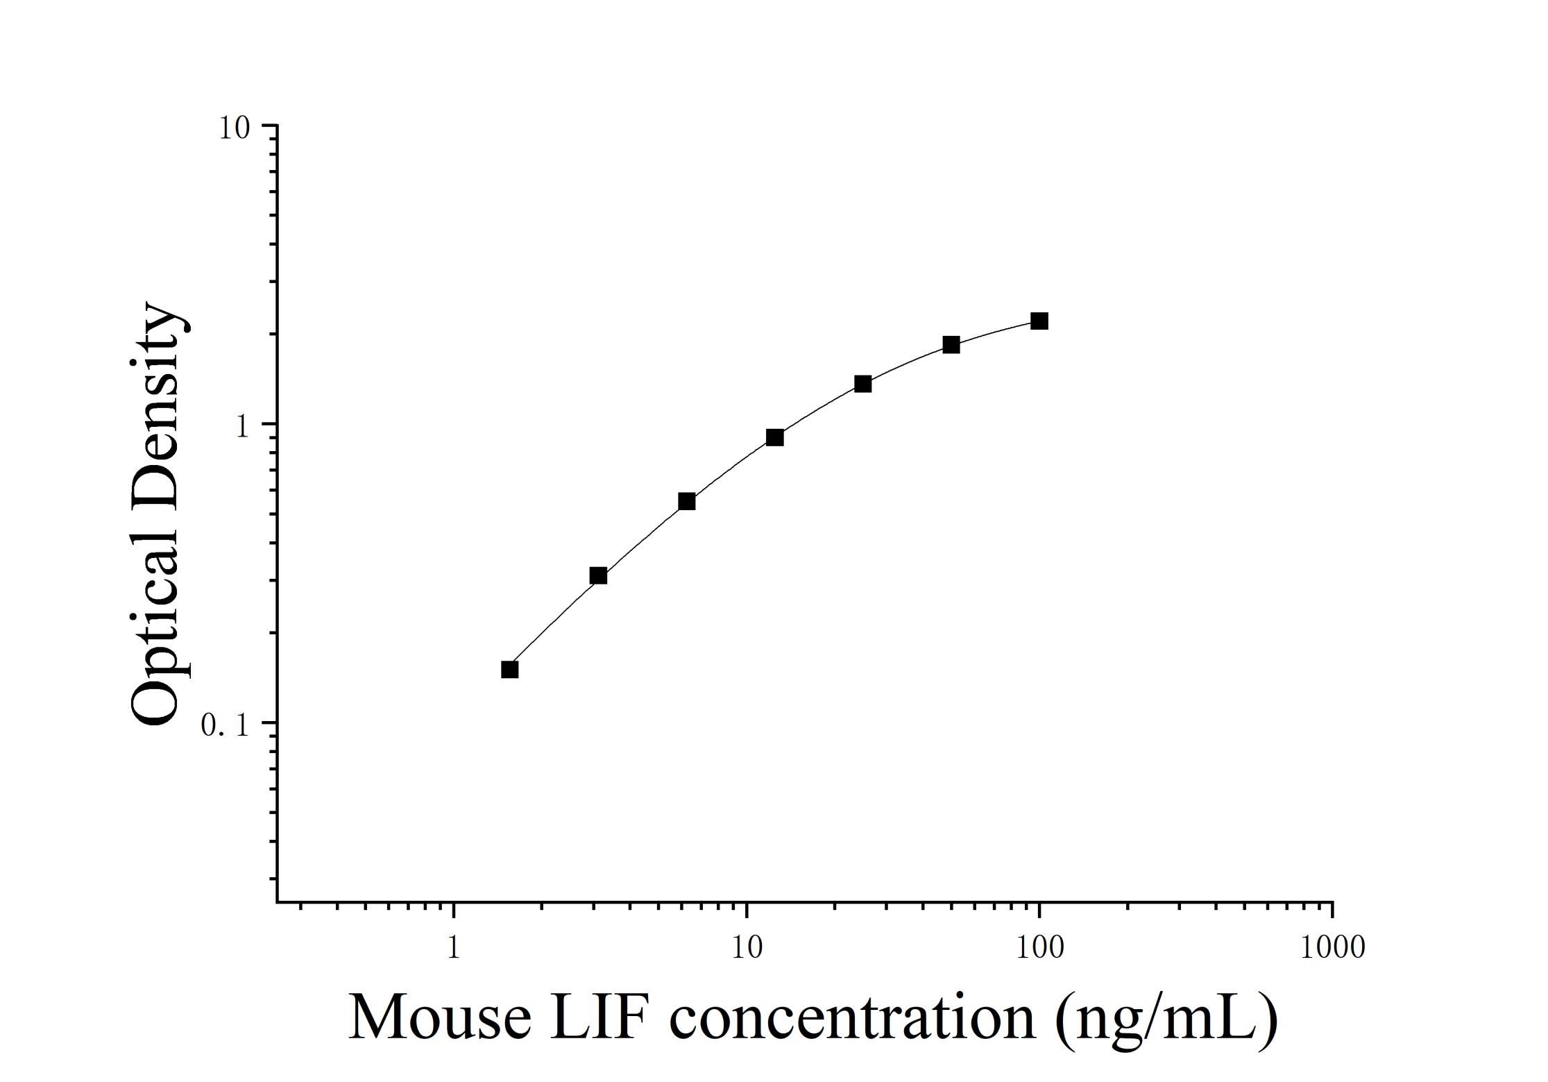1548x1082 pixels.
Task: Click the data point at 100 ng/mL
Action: (x=1039, y=321)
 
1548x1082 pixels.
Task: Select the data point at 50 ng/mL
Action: (x=951, y=345)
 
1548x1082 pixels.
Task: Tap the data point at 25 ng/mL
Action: (x=862, y=384)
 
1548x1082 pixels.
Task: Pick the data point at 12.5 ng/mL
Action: (x=774, y=437)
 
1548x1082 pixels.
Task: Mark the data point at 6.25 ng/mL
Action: (x=686, y=501)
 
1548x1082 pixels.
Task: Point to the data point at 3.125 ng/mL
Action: (x=598, y=575)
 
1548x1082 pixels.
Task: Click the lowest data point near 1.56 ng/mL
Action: (x=510, y=670)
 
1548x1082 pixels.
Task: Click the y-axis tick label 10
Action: (x=234, y=128)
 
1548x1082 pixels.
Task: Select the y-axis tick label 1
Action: (x=242, y=426)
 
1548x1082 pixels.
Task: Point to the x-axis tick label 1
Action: (x=453, y=947)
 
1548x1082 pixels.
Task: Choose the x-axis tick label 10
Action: (x=747, y=947)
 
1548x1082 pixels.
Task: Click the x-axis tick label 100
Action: (x=1039, y=947)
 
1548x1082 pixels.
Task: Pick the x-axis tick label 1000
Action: (x=1332, y=947)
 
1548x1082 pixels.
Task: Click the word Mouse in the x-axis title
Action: (x=440, y=1017)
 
